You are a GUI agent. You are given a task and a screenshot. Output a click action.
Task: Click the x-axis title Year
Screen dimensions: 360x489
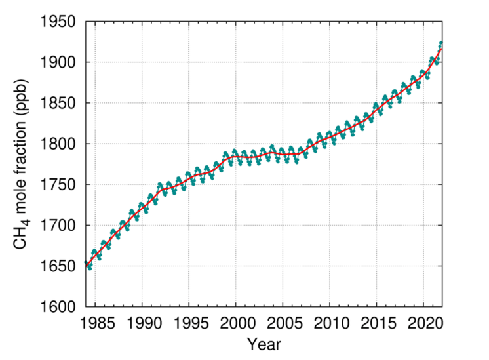(x=264, y=343)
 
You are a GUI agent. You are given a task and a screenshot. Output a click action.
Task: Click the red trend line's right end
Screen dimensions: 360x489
(x=441, y=47)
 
